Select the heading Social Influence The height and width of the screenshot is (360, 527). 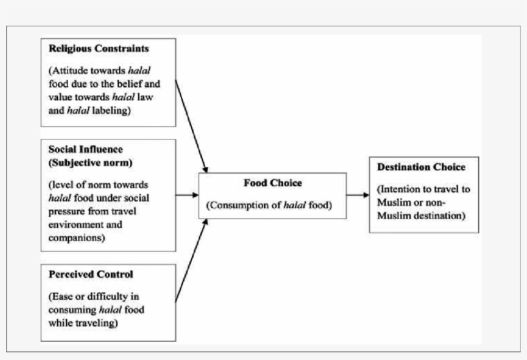tap(85, 150)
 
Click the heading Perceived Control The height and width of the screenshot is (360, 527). tap(91, 274)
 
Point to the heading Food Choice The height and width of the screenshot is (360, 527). tap(272, 183)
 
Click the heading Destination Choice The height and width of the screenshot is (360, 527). tap(421, 167)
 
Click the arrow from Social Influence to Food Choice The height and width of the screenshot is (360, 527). tap(187, 195)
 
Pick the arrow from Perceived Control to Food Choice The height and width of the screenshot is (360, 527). tap(192, 260)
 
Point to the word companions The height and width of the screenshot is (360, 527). tap(75, 238)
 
